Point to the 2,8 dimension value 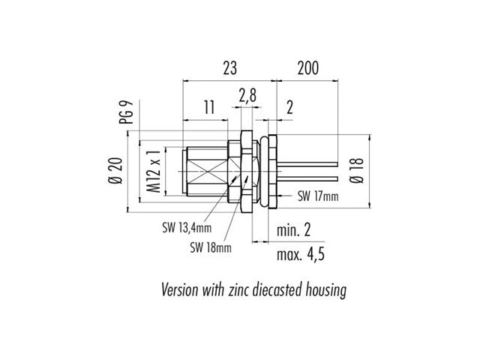pos(246,96)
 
